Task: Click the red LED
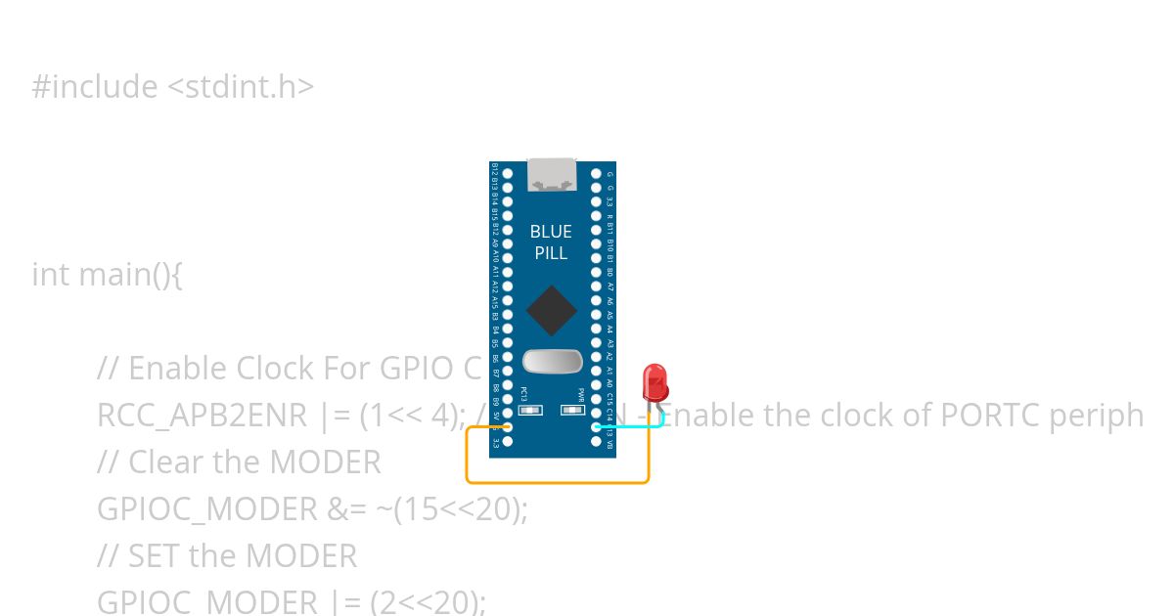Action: click(x=655, y=380)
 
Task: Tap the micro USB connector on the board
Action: click(x=551, y=174)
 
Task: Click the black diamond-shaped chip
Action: click(x=552, y=310)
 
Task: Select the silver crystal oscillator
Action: click(x=552, y=361)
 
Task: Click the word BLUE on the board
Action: click(x=551, y=232)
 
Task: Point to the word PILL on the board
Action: click(x=551, y=253)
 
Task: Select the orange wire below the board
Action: click(x=557, y=482)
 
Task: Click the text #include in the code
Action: click(x=95, y=87)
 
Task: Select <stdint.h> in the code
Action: click(x=241, y=87)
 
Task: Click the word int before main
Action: click(x=51, y=275)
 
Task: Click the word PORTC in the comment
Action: click(x=989, y=416)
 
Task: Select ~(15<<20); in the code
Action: click(x=460, y=509)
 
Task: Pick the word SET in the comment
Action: click(x=155, y=556)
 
